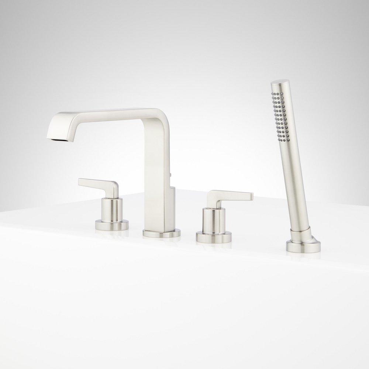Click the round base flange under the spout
click(x=161, y=234)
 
